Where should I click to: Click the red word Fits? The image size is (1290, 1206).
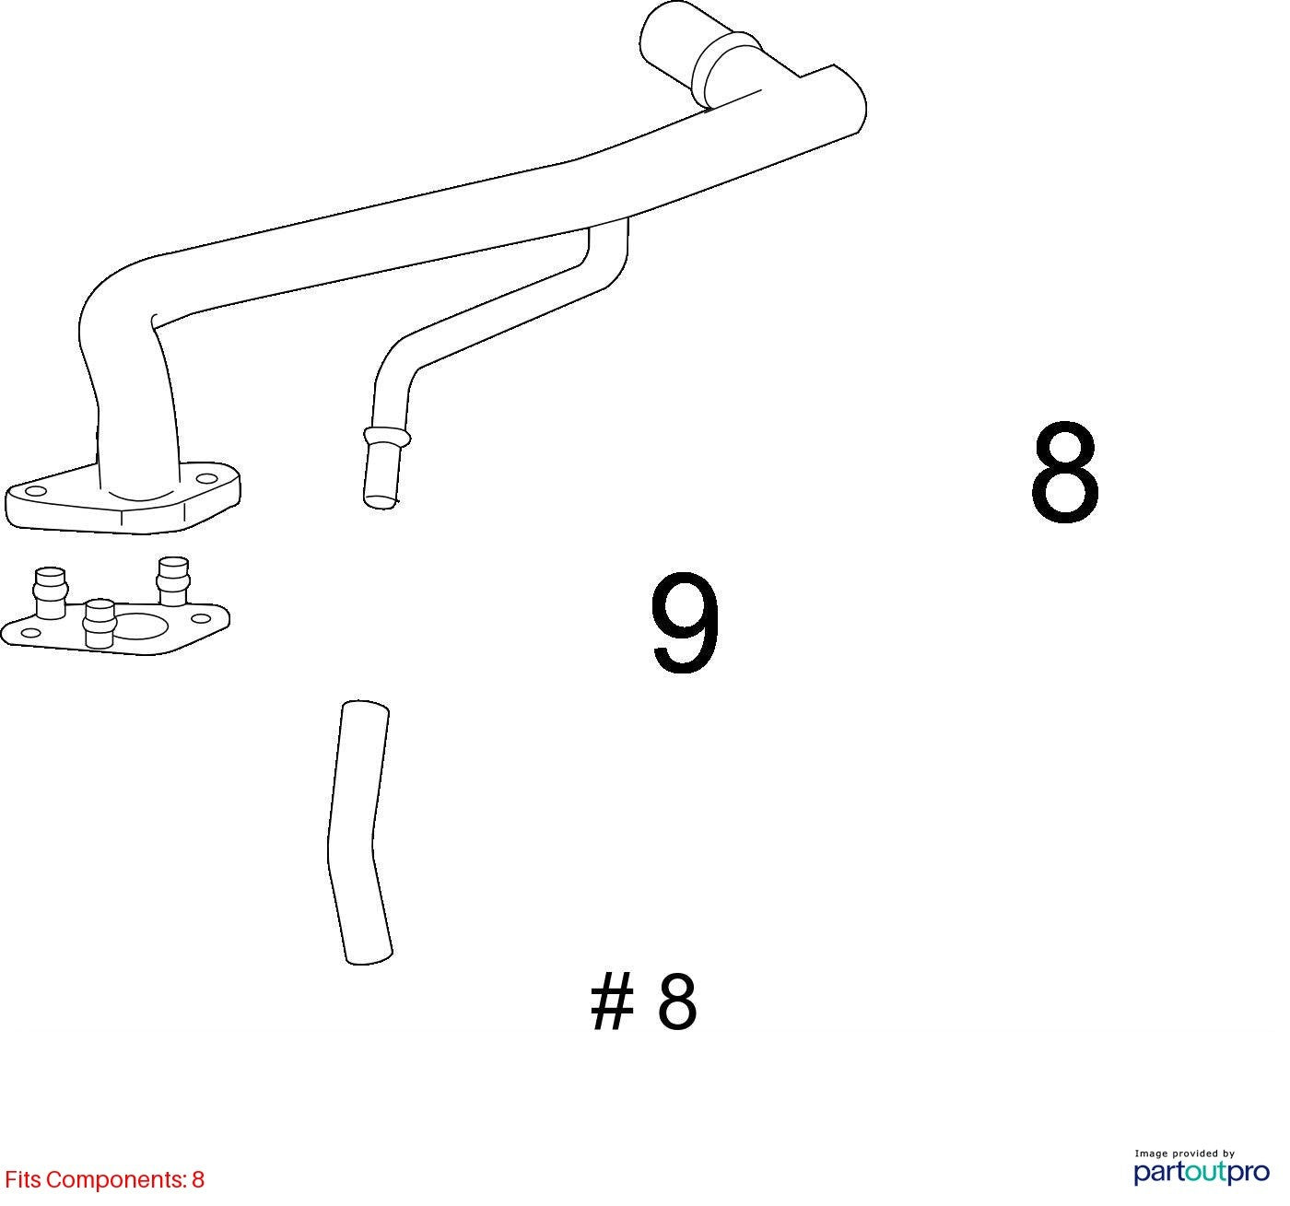tap(23, 1179)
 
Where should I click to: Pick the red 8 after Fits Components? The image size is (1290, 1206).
tap(198, 1179)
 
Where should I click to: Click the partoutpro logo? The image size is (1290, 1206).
tap(1201, 1173)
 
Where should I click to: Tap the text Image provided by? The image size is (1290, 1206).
tap(1184, 1153)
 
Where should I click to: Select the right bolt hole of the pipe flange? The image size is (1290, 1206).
tap(206, 479)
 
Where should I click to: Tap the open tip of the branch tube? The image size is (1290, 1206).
tap(381, 501)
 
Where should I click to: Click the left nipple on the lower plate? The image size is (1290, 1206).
tap(51, 591)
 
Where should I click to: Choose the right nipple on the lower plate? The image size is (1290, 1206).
tap(173, 581)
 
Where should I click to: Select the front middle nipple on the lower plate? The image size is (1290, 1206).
tap(100, 624)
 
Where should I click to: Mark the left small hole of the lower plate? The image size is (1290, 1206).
tap(27, 633)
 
